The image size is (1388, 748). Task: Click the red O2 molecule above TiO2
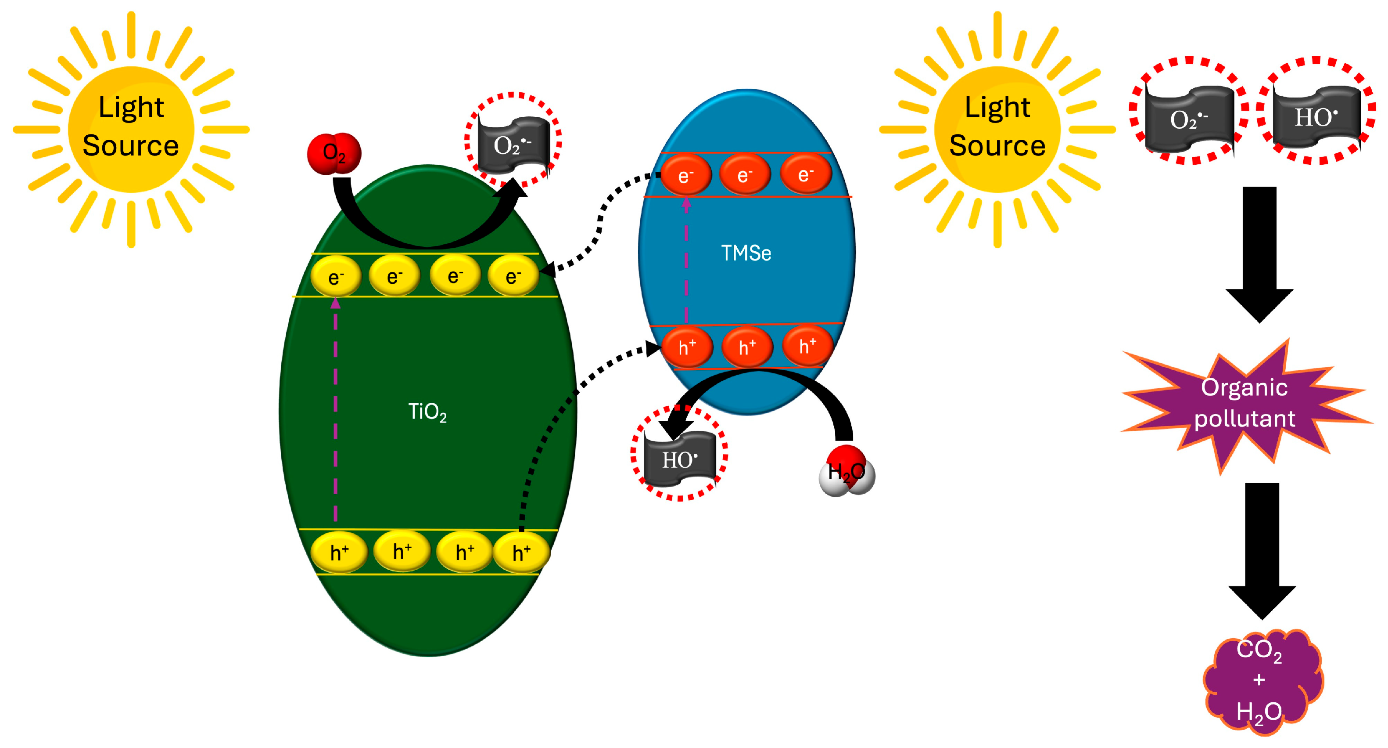334,153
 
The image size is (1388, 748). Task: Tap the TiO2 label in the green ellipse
427,412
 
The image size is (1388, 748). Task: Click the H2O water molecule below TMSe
846,471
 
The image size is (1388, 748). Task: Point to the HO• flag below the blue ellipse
679,459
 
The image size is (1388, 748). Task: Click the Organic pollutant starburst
1244,403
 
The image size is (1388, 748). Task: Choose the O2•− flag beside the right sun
1189,119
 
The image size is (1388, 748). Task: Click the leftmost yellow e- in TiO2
336,277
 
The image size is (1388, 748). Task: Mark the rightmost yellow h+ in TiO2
521,552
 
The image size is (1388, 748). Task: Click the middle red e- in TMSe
745,174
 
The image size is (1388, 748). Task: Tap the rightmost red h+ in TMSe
807,346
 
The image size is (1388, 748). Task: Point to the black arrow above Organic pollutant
1259,253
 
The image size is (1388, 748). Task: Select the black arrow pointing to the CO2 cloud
1262,550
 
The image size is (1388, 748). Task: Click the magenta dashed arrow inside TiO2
336,410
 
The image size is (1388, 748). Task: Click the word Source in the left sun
130,146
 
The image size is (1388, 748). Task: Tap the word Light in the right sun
997,107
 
